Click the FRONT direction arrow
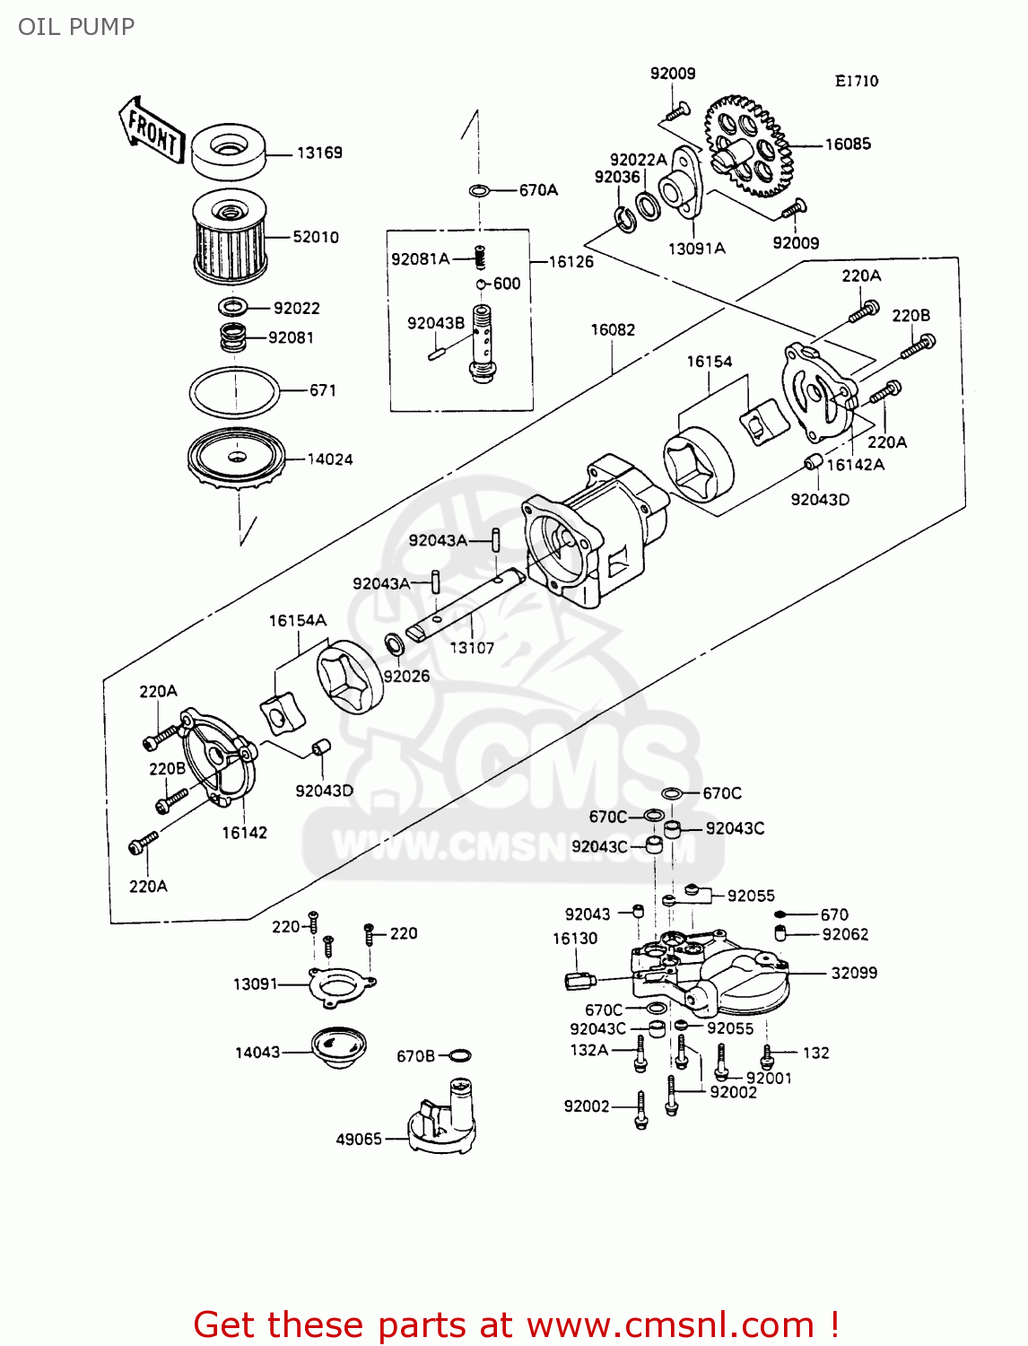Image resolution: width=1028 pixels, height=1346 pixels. coord(152,129)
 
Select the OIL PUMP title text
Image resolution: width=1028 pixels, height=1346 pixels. coord(76,27)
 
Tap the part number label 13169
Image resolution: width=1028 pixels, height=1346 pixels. coord(319,153)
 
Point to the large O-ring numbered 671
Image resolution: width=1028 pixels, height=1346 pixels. coord(234,392)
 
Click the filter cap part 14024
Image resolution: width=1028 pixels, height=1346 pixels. coord(236,459)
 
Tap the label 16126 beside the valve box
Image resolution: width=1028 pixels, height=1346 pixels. coord(571,262)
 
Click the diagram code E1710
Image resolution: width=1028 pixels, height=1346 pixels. coord(857,81)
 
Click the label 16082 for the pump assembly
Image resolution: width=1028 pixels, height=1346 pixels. coord(613,330)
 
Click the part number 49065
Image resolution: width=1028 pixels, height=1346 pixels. coord(359,1139)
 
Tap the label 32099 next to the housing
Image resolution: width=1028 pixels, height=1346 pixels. coord(854,973)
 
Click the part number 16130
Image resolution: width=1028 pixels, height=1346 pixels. coord(575,939)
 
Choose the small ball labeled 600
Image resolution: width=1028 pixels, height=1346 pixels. coord(482,284)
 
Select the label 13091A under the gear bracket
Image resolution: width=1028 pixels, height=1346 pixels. coord(697,249)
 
